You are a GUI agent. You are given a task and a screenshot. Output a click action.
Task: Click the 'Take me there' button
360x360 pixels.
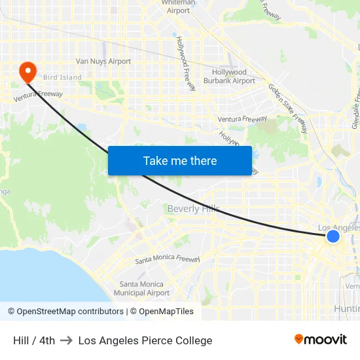click(179, 160)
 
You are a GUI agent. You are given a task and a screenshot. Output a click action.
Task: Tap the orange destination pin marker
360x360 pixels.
click(28, 71)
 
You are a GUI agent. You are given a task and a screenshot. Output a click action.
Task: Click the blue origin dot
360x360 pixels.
click(333, 236)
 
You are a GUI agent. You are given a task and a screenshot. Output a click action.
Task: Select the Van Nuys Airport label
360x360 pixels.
click(103, 62)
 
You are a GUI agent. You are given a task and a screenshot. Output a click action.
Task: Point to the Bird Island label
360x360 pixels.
click(63, 77)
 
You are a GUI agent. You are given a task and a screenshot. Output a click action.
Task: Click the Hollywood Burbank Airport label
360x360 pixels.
click(229, 77)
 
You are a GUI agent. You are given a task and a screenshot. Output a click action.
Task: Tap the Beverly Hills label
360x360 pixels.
click(193, 209)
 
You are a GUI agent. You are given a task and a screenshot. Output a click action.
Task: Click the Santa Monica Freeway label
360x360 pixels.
click(168, 259)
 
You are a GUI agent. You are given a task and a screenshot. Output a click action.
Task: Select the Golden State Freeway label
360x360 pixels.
click(288, 108)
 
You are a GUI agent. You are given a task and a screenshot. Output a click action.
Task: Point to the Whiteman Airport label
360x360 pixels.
click(178, 7)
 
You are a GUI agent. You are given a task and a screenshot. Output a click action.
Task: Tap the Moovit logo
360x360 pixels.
click(321, 339)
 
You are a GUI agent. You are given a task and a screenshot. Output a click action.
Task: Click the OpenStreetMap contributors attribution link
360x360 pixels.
click(65, 312)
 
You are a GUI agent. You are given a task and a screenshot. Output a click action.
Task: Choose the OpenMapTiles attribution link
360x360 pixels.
click(162, 312)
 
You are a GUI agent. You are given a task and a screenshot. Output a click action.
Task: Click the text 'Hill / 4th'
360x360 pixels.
click(34, 340)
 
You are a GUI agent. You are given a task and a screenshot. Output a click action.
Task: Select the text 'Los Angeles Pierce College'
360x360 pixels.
click(145, 340)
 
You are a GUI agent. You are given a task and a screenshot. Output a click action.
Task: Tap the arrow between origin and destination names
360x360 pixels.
click(66, 340)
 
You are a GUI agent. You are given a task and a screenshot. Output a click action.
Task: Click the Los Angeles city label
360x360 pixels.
click(338, 227)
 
